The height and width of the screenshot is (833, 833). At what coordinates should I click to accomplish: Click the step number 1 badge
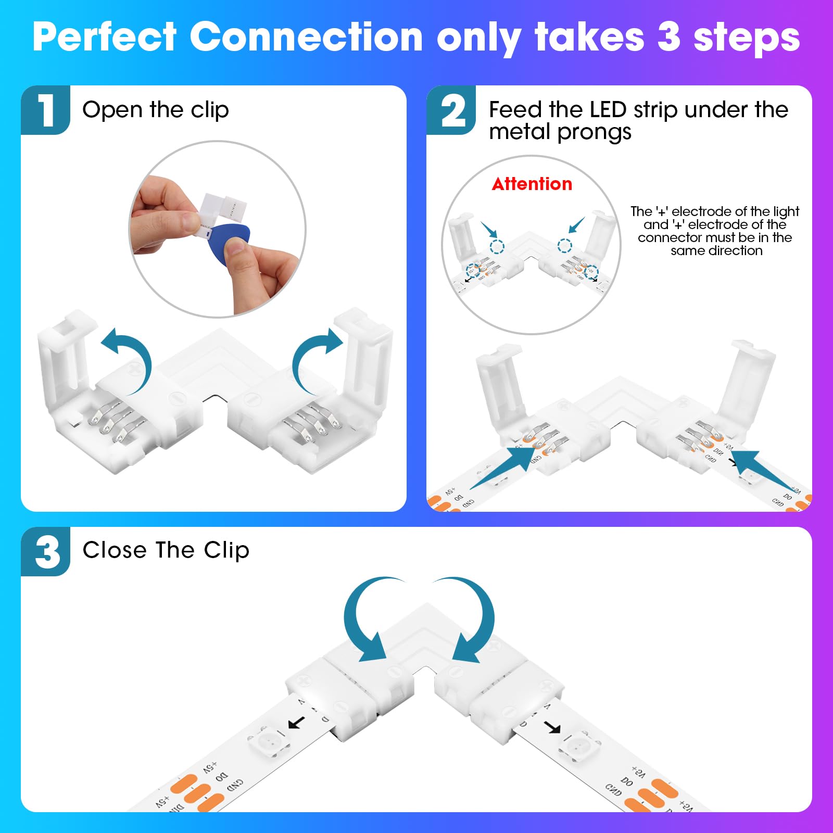46,110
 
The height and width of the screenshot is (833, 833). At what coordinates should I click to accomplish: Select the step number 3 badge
46,551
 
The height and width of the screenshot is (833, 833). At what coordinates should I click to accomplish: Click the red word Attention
532,184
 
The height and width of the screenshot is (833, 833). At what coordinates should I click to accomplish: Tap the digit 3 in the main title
668,37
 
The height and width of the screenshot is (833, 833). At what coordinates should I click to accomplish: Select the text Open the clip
155,110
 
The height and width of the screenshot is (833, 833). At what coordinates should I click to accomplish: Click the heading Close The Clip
166,550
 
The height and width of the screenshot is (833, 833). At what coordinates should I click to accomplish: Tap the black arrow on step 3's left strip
297,723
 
